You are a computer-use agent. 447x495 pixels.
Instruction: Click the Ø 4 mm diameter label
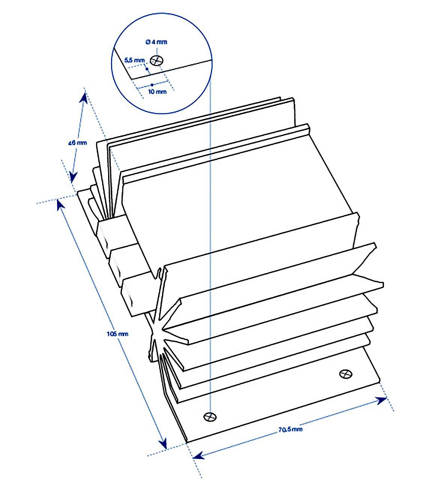click(x=156, y=42)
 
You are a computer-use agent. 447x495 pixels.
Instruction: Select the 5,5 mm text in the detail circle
click(x=134, y=60)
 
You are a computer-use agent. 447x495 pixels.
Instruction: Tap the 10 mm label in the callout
click(x=158, y=92)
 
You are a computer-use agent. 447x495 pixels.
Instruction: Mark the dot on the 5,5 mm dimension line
click(x=147, y=69)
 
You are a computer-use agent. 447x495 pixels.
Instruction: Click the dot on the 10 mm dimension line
click(x=152, y=85)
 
